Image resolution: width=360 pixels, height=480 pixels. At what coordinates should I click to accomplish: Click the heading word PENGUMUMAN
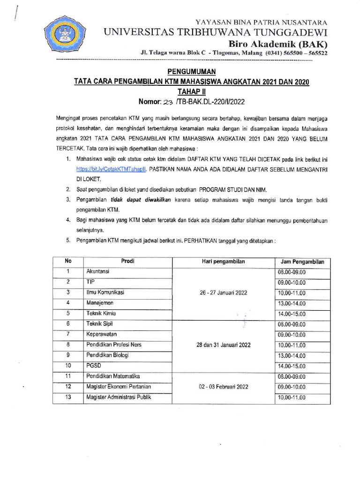pos(191,72)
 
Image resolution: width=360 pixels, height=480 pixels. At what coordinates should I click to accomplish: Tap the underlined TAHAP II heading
pos(191,91)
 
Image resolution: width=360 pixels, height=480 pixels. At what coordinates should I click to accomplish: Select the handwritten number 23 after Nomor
pos(168,101)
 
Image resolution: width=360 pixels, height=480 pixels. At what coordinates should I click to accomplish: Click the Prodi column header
pos(127,262)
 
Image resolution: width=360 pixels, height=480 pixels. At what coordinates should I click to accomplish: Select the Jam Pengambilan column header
pos(302,262)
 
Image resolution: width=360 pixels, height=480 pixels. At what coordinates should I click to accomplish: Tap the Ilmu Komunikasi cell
pos(105,292)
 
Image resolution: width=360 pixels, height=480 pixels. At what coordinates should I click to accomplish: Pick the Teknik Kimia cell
pos(101,313)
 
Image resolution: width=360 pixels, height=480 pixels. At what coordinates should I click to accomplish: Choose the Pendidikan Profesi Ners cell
pos(113,345)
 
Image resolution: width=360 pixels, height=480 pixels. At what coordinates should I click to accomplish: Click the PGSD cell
pos(93,366)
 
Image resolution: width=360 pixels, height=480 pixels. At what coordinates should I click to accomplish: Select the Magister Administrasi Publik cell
pos(119,397)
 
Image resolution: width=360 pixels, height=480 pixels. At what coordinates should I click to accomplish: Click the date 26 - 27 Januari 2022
pos(223,292)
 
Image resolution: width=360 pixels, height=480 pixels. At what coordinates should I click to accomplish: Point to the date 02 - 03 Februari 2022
pos(223,387)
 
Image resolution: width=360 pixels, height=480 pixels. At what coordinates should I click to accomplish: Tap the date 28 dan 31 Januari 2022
pos(223,345)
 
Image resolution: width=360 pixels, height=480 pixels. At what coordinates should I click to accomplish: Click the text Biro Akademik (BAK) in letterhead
pos(278,44)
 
